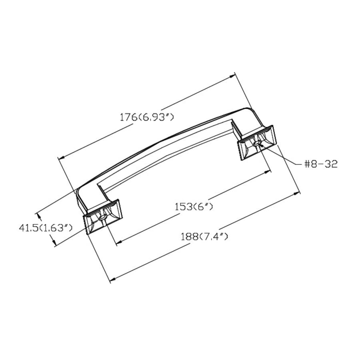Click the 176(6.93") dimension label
pyautogui.click(x=147, y=118)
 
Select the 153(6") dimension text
pyautogui.click(x=194, y=207)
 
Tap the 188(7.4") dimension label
pyautogui.click(x=204, y=236)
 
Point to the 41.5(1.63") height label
pyautogui.click(x=46, y=228)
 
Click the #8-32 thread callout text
pyautogui.click(x=321, y=164)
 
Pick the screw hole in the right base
pyautogui.click(x=257, y=144)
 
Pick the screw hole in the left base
pyautogui.click(x=102, y=218)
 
